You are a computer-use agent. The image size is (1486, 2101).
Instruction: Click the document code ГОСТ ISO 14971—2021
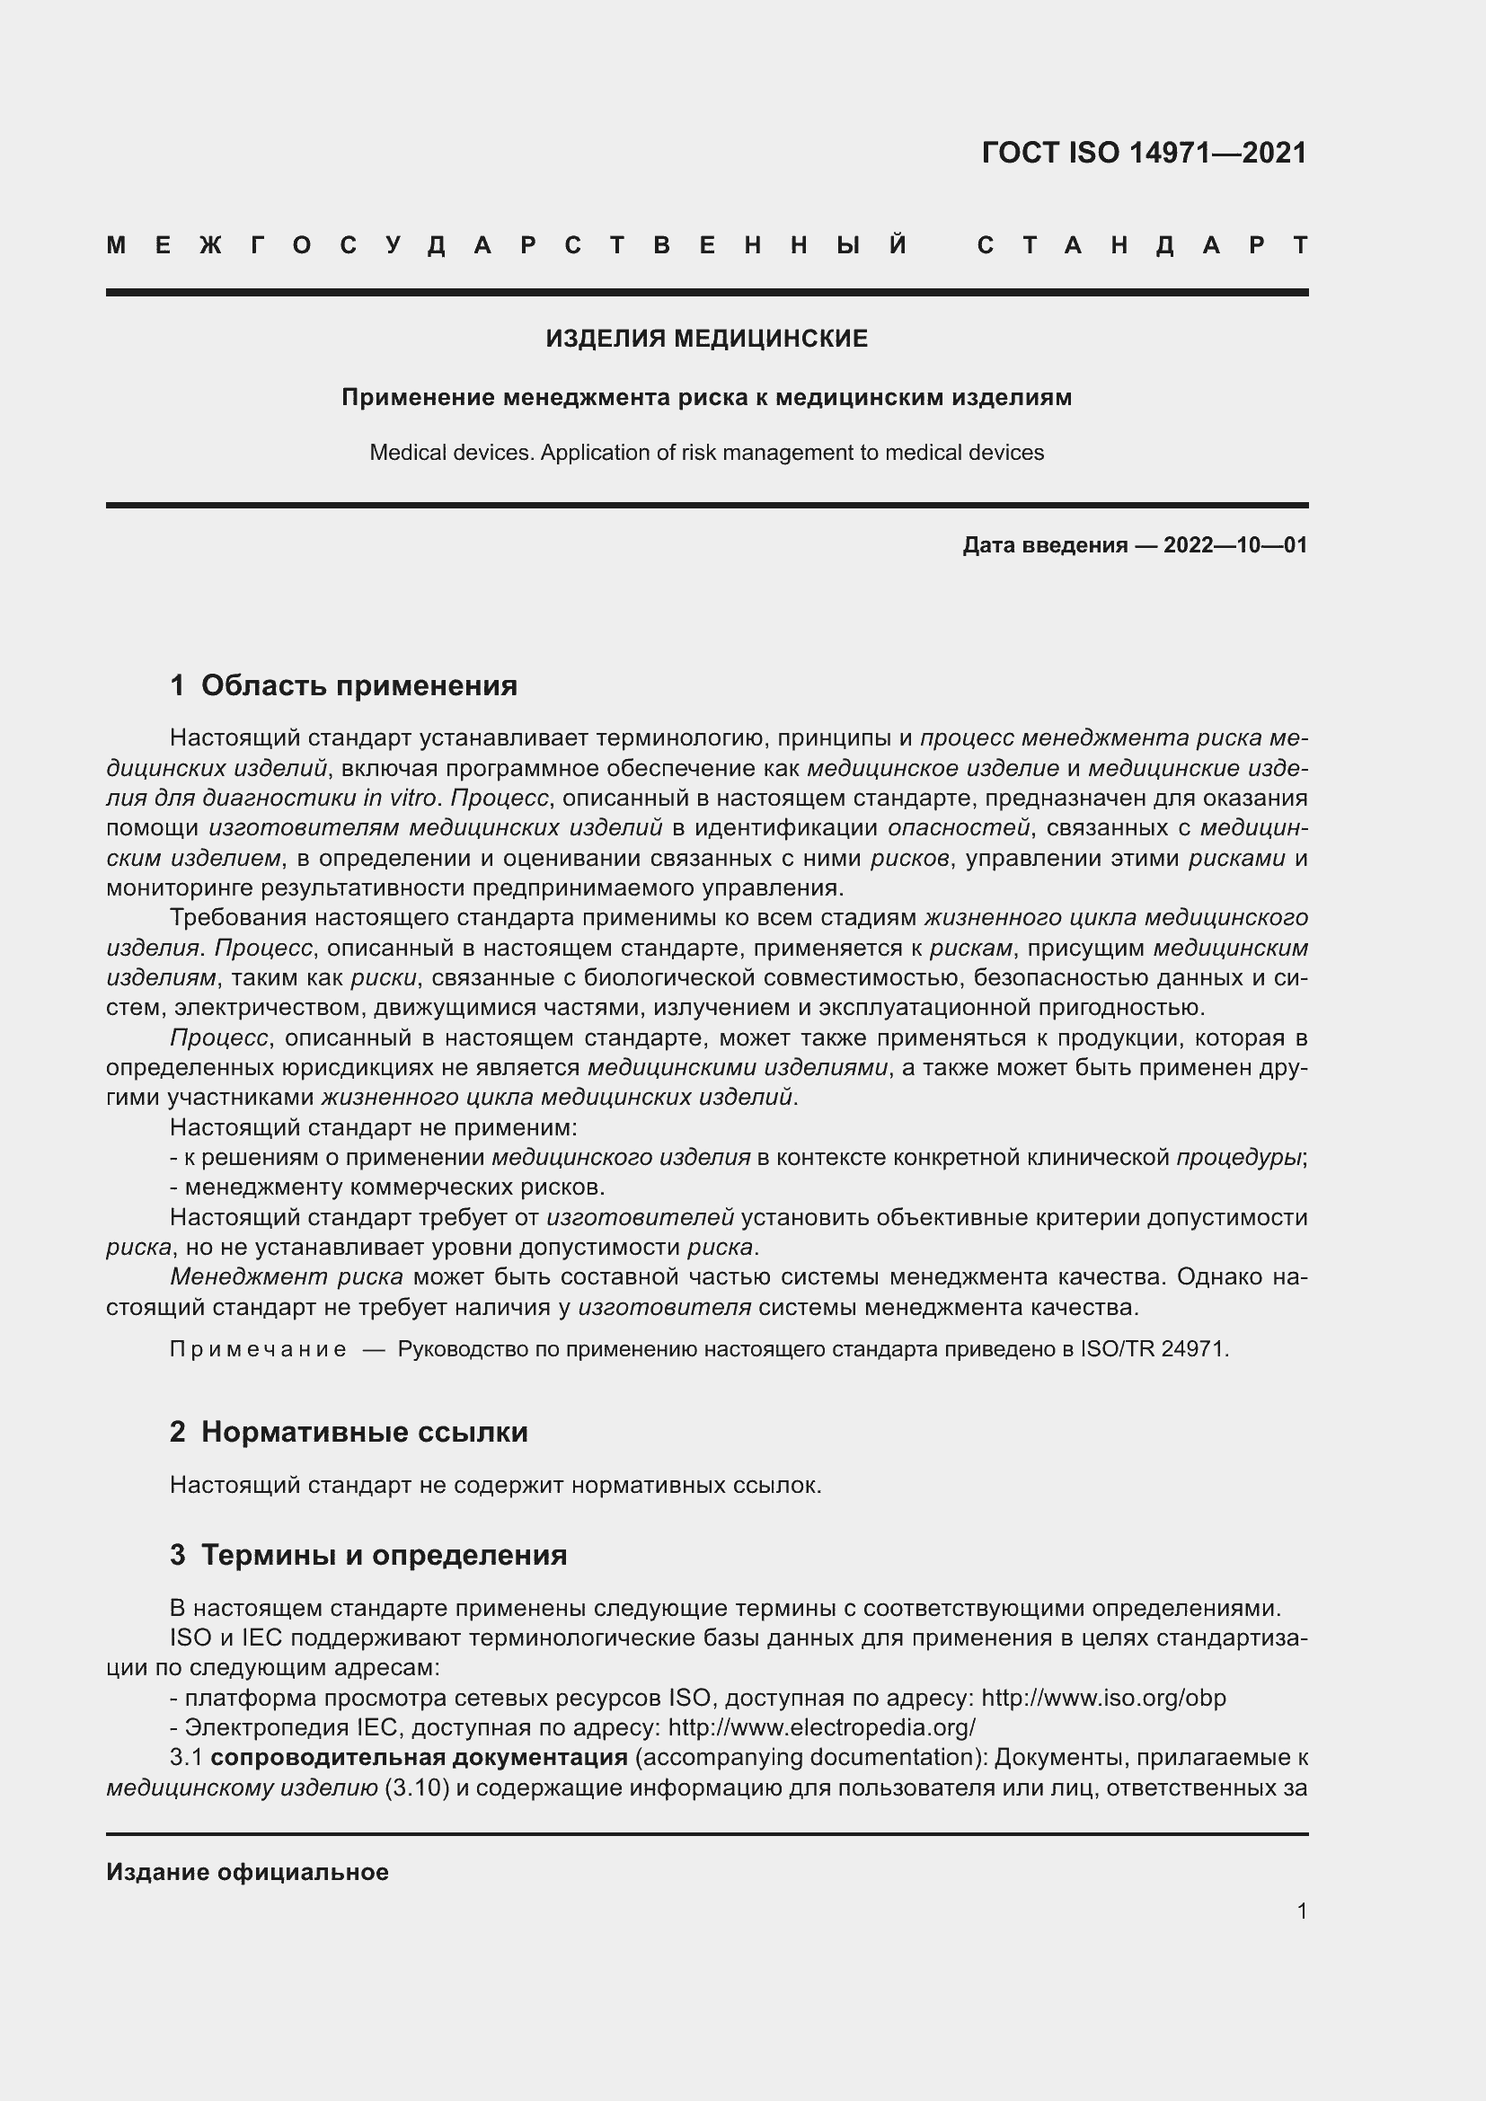1144,153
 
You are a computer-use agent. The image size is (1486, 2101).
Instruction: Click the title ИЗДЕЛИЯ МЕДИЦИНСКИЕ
706,339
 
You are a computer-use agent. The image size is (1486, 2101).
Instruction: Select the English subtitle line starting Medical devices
706,453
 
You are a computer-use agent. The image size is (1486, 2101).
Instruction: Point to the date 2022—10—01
1235,546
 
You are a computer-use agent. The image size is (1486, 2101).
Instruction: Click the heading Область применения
358,685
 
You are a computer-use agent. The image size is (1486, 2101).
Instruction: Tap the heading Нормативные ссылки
364,1432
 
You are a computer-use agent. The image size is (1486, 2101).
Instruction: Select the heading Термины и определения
384,1555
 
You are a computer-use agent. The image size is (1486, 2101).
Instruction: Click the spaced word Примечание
258,1350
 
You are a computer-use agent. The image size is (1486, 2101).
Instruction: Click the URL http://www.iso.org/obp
1103,1698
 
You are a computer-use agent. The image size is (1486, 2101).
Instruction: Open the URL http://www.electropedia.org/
822,1727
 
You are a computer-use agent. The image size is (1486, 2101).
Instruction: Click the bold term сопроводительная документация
419,1758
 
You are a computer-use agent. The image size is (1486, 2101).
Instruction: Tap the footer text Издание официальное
247,1872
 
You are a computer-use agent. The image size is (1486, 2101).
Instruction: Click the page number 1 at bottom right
1302,1911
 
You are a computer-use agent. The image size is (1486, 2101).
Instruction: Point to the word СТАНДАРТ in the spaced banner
1143,245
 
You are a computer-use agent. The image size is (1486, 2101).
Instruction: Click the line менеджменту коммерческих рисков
394,1187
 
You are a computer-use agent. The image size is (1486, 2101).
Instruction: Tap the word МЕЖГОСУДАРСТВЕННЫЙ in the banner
508,245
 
